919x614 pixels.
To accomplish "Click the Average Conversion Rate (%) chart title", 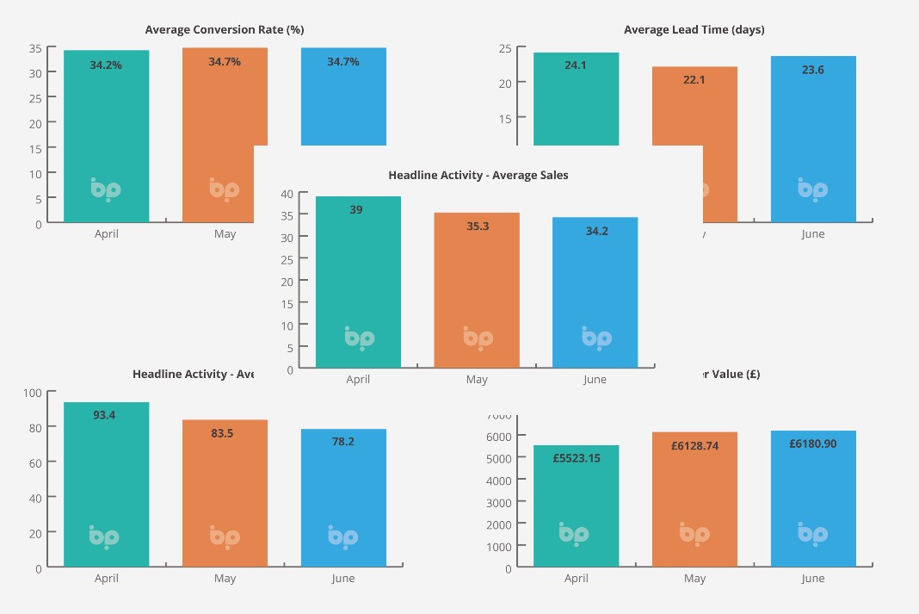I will (225, 30).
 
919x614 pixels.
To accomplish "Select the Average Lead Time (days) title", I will (694, 30).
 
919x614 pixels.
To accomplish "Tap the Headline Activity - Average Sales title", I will (478, 176).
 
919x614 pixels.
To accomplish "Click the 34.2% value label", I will (106, 65).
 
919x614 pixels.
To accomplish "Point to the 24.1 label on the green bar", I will (576, 65).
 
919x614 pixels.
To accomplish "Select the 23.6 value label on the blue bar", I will (812, 71).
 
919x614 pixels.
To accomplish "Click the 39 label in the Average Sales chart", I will (355, 210).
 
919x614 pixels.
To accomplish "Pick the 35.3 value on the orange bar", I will (476, 226).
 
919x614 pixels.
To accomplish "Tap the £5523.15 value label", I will (576, 458).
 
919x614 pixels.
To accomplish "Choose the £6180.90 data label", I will (812, 444).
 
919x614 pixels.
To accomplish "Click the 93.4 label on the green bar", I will (104, 415).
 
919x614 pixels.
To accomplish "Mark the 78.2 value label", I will (342, 442).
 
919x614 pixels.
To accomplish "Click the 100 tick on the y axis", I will (33, 393).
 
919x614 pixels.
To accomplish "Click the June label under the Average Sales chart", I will (595, 380).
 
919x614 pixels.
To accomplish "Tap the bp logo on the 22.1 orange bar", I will (697, 189).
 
